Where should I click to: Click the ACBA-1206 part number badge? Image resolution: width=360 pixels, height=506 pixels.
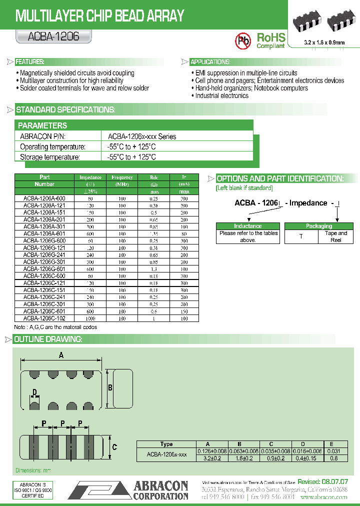click(x=47, y=36)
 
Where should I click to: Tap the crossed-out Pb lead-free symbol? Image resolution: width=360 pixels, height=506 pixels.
click(x=243, y=40)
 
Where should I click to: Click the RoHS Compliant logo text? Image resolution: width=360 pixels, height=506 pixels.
click(x=270, y=40)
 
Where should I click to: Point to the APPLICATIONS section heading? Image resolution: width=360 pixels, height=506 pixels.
click(x=210, y=62)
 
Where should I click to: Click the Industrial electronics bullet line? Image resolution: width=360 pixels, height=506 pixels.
click(x=222, y=95)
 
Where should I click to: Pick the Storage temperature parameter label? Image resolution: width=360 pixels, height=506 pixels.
click(x=49, y=157)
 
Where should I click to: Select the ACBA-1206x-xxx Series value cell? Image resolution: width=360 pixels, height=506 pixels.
click(x=142, y=136)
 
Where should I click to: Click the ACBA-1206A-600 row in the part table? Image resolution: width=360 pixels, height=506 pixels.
click(x=44, y=198)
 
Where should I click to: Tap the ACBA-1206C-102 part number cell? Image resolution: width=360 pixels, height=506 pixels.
click(x=44, y=318)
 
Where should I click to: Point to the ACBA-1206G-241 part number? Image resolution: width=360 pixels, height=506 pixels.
click(x=44, y=254)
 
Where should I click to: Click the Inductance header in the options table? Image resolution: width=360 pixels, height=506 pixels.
click(x=248, y=226)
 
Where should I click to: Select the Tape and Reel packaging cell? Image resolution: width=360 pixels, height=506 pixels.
click(x=335, y=236)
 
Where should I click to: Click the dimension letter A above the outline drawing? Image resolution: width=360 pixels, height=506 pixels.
click(x=61, y=355)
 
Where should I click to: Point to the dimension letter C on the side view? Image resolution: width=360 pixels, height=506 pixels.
click(x=114, y=447)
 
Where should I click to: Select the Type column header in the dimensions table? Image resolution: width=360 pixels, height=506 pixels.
click(x=166, y=444)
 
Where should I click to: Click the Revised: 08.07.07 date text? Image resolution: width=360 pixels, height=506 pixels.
click(x=322, y=481)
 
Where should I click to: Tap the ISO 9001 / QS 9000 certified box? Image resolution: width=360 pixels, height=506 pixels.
click(x=32, y=491)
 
